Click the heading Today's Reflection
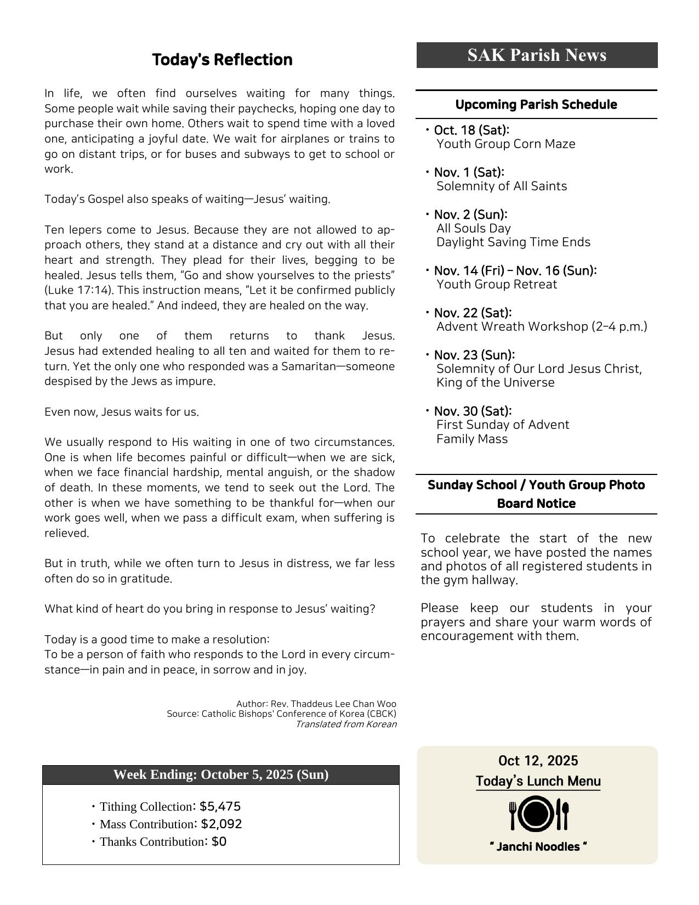click(x=222, y=60)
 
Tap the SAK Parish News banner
click(x=537, y=55)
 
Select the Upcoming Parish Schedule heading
click(x=536, y=104)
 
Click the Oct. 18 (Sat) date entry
click(x=471, y=130)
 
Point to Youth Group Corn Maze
click(x=505, y=144)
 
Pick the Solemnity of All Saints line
click(x=502, y=186)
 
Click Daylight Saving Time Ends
click(x=513, y=242)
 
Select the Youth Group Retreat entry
click(x=496, y=285)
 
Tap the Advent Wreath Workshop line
click(x=542, y=327)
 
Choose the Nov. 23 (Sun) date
click(x=474, y=355)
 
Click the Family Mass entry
click(x=472, y=439)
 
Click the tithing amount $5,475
click(x=220, y=806)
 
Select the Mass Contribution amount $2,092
click(x=221, y=824)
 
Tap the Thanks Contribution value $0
click(x=219, y=841)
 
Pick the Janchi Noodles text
click(x=538, y=847)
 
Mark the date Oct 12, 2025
click(x=538, y=761)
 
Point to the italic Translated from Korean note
click(x=346, y=724)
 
